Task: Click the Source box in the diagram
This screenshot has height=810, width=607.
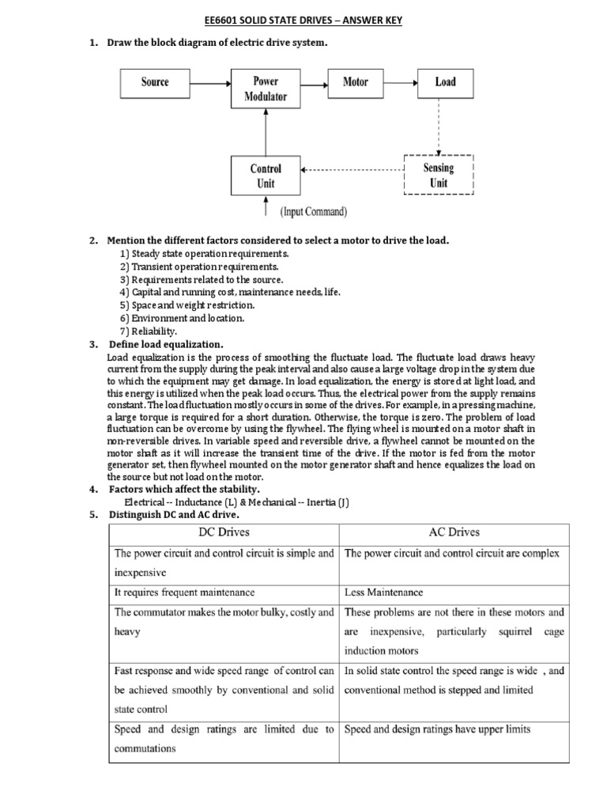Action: click(x=155, y=81)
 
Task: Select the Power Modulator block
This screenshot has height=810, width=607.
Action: click(x=265, y=89)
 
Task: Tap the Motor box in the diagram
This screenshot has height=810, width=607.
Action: click(x=355, y=81)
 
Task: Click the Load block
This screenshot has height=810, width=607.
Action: click(x=445, y=81)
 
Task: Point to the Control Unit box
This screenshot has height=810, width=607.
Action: click(x=265, y=176)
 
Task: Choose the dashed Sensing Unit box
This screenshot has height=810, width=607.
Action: click(x=438, y=175)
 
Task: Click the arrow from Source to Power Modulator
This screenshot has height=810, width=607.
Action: click(x=210, y=81)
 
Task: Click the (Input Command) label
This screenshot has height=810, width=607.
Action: click(x=314, y=212)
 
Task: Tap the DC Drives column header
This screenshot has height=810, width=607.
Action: click(x=224, y=532)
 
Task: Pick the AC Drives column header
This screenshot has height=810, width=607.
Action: click(x=454, y=532)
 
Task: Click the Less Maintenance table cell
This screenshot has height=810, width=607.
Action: click(x=384, y=592)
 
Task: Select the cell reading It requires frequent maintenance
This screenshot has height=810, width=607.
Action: click(x=185, y=592)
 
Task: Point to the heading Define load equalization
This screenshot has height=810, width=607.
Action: click(x=166, y=345)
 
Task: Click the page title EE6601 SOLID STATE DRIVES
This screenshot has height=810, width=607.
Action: click(x=303, y=21)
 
